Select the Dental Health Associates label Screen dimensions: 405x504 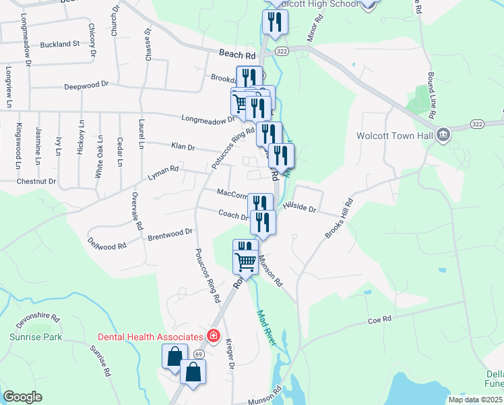pyautogui.click(x=151, y=337)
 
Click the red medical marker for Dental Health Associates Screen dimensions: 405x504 pyautogui.click(x=214, y=335)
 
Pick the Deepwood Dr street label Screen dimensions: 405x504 pyautogui.click(x=86, y=86)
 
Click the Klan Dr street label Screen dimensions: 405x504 pyautogui.click(x=183, y=146)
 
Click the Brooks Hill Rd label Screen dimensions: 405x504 pyautogui.click(x=338, y=219)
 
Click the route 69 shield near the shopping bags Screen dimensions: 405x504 pyautogui.click(x=199, y=354)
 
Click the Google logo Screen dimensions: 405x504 pyautogui.click(x=22, y=397)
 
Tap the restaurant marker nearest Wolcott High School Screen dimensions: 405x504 pyautogui.click(x=275, y=22)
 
